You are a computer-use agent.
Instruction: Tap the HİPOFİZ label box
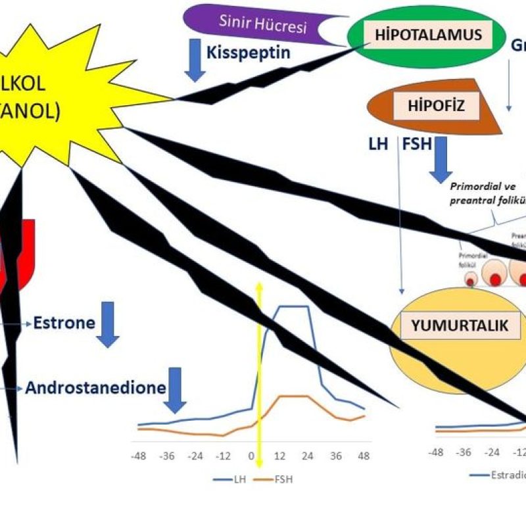tap(427, 106)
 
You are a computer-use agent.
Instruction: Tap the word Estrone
tap(64, 323)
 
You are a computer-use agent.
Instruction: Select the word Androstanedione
tap(95, 388)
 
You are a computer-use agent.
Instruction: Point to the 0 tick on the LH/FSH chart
tap(251, 456)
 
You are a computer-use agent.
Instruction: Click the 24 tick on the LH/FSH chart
tap(307, 456)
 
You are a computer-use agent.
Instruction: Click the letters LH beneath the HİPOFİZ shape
tap(379, 143)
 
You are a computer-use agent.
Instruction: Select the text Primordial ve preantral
tap(483, 195)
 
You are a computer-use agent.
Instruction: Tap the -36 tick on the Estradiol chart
tap(464, 453)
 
